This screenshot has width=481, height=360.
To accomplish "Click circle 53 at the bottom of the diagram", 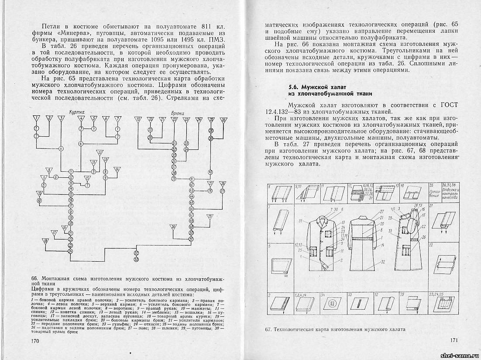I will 137,260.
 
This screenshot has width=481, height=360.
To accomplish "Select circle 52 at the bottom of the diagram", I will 137,253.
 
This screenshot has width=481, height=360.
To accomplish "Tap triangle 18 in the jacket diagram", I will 45,241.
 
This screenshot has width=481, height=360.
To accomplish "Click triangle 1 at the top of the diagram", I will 37,118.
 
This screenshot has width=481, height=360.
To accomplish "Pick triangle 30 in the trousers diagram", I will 174,227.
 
